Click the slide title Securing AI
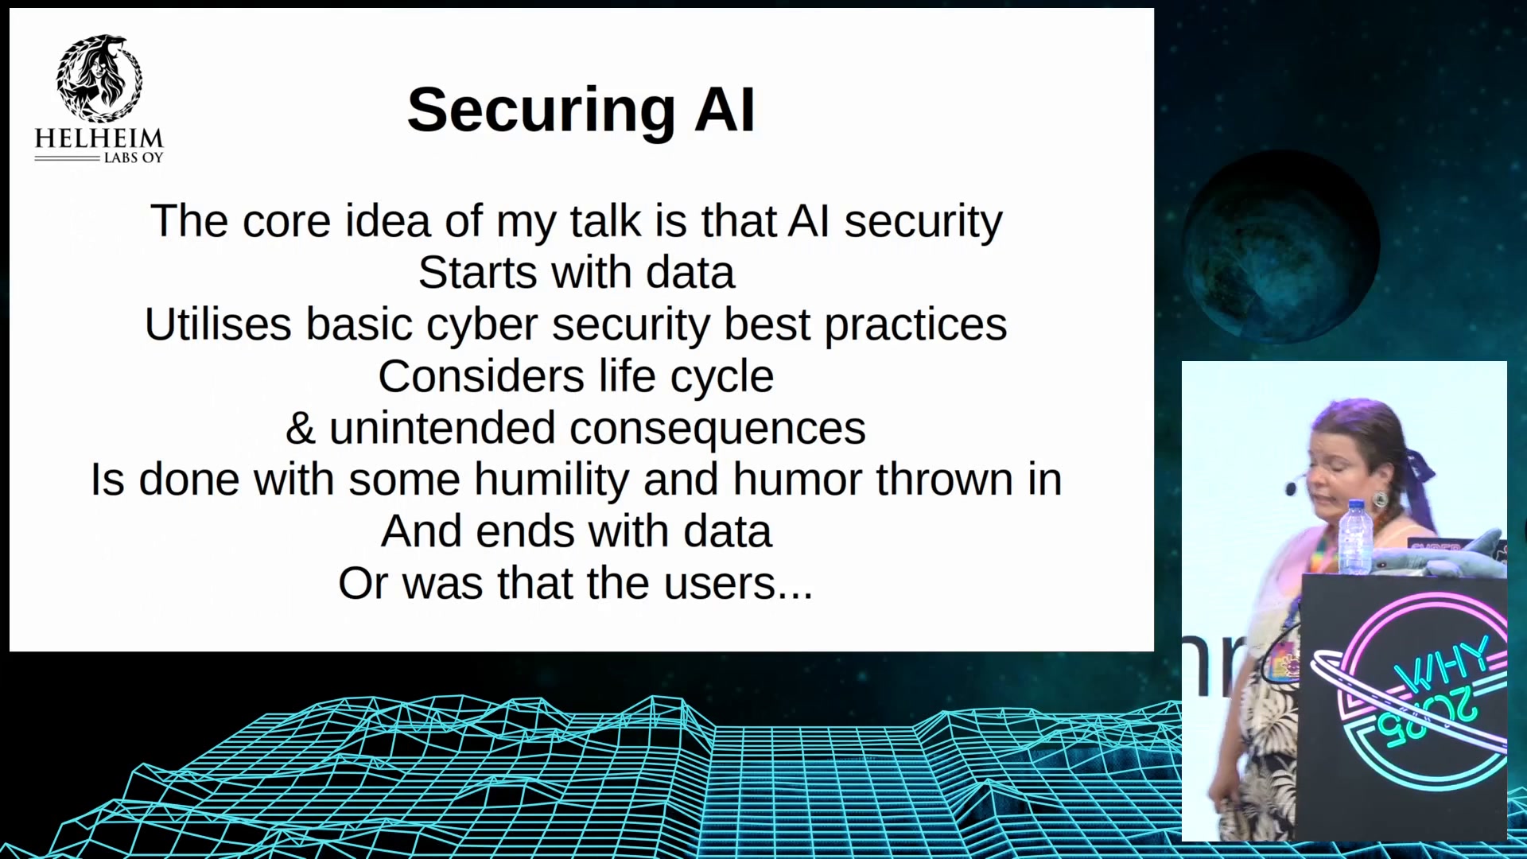tap(581, 110)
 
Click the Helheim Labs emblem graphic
tap(99, 77)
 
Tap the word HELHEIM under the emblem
tap(99, 138)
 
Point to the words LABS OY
tap(134, 158)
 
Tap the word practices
tap(915, 326)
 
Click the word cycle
tap(721, 377)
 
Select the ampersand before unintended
tap(301, 428)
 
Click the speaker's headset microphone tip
tap(1290, 488)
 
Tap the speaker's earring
tap(1380, 500)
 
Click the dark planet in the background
tap(1281, 247)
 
